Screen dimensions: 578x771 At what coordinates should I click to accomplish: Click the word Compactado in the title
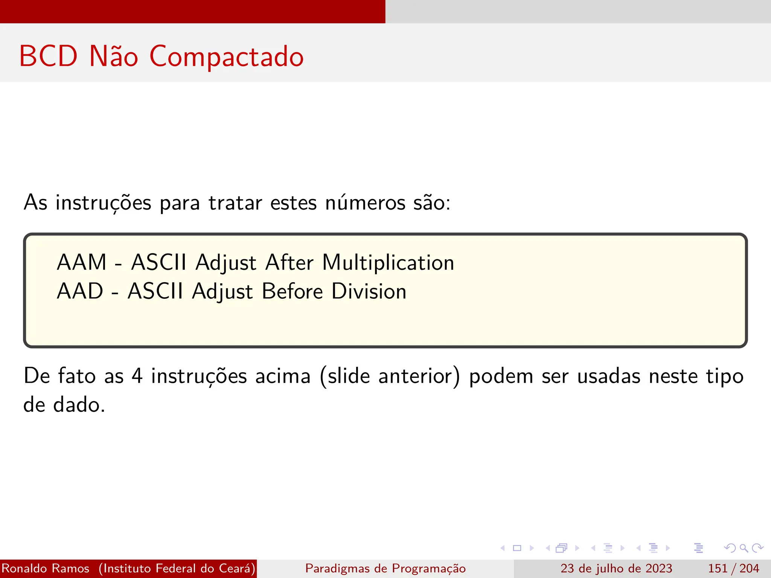pos(226,57)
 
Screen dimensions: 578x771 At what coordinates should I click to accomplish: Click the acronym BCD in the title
pos(48,56)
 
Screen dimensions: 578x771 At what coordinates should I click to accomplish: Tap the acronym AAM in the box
pos(82,262)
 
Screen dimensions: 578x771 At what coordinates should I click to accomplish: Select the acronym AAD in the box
pos(80,291)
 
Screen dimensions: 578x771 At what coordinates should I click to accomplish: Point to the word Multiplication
pos(388,262)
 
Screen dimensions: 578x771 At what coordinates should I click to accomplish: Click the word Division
pos(369,291)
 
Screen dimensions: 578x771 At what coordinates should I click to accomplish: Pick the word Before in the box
pos(292,291)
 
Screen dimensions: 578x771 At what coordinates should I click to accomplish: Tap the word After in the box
pos(289,262)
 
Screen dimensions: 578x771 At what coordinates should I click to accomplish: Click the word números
pos(365,203)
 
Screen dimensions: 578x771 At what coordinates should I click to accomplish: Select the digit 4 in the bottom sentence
pos(137,376)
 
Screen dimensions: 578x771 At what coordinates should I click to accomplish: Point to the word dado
pos(79,405)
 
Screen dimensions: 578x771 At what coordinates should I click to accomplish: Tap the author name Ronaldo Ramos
pos(46,568)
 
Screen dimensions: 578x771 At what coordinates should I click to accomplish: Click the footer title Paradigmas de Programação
pos(385,568)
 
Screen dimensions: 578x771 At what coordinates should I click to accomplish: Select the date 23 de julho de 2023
pos(616,568)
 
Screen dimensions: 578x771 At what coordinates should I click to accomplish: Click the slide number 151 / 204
pos(733,568)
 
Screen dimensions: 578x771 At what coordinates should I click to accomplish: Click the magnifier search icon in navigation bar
pos(744,548)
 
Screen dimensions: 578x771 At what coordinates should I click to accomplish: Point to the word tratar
pos(235,203)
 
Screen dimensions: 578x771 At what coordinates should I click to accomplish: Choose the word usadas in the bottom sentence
pos(609,376)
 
